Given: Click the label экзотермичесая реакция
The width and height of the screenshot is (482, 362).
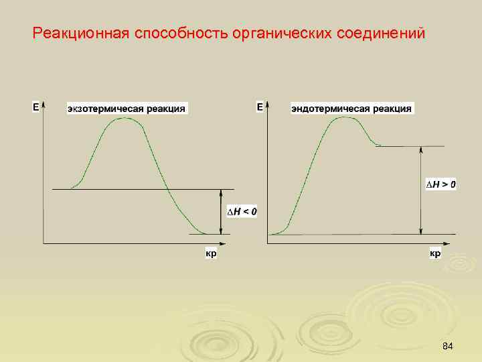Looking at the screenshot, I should click(127, 109).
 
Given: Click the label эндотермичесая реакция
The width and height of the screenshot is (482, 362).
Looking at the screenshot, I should click(352, 109).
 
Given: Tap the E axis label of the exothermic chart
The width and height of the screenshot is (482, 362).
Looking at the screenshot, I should click(36, 107).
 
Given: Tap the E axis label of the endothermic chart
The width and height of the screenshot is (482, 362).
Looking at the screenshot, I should click(260, 107).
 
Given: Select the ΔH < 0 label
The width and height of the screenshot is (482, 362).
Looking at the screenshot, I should click(242, 212).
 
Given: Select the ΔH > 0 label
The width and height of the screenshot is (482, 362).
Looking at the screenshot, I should click(442, 184).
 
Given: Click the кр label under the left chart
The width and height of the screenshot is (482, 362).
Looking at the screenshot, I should click(211, 254).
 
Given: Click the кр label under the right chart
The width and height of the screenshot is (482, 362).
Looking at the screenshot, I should click(434, 254).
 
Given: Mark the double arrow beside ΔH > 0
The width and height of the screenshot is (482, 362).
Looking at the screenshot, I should click(420, 190).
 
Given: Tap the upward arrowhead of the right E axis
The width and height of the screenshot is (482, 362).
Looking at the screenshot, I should click(268, 105).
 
